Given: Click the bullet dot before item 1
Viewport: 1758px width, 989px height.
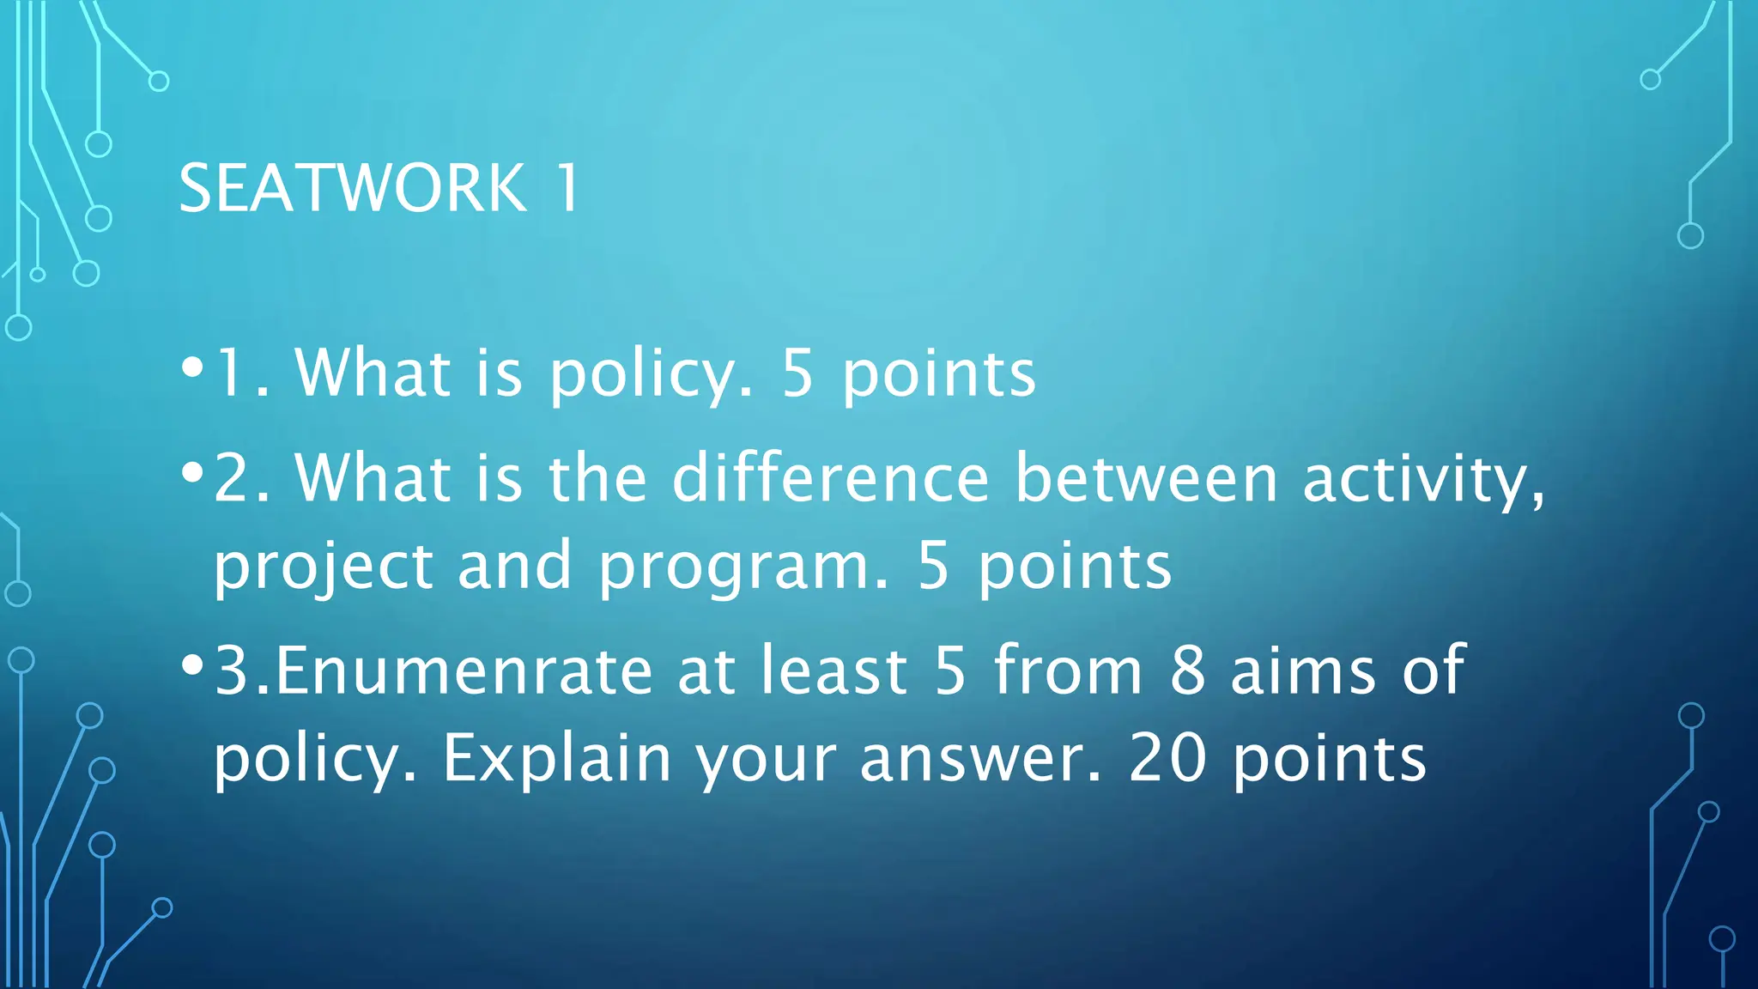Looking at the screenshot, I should (x=192, y=367).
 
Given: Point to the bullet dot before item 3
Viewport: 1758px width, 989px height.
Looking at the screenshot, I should (x=192, y=664).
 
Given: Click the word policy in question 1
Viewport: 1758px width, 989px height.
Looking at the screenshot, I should (x=651, y=376).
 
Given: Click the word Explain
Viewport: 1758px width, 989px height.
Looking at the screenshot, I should (x=556, y=761).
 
